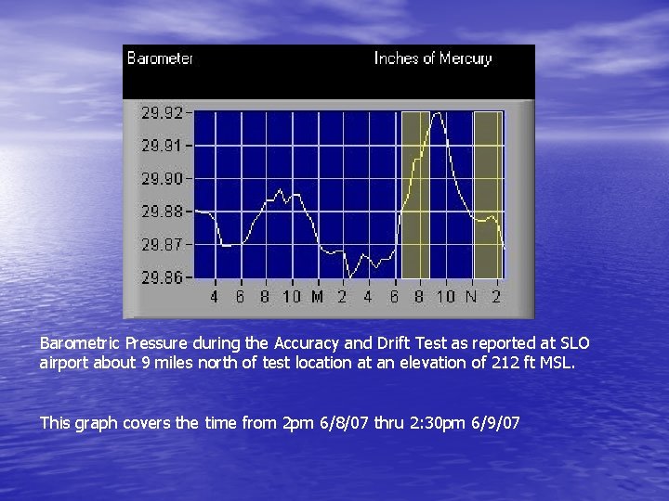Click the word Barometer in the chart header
tap(160, 58)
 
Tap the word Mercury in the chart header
tap(466, 58)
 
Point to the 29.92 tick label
tap(162, 113)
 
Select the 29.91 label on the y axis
tap(162, 146)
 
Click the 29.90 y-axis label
tap(162, 178)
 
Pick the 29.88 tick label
tap(162, 212)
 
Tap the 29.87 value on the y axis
tap(162, 244)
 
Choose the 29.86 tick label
tap(162, 276)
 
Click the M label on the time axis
tap(317, 297)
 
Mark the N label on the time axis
tap(471, 297)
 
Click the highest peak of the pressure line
tap(437, 113)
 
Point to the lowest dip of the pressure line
tap(348, 277)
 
